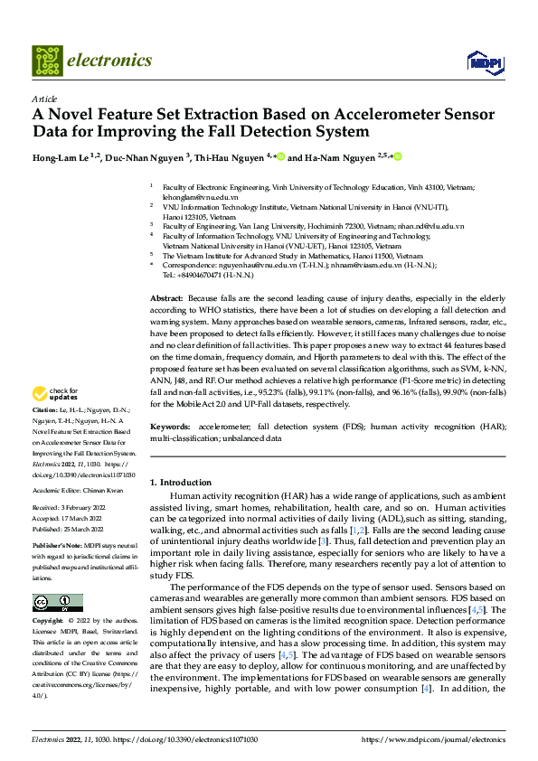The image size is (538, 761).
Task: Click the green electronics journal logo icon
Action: coord(46,61)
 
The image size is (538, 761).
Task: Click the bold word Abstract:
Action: coord(167,297)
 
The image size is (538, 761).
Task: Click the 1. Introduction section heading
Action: coord(181,482)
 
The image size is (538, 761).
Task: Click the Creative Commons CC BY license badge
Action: coord(58,602)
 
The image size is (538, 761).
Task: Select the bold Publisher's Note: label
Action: coord(57,548)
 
